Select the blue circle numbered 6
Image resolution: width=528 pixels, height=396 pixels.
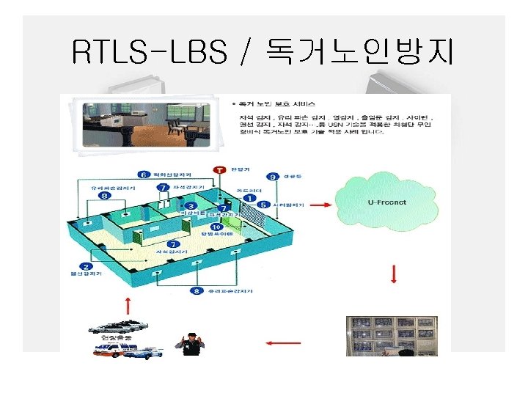tap(144, 174)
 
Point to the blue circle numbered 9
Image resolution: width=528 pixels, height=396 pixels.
tap(272, 177)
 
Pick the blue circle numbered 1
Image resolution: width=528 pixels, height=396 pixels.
tap(250, 198)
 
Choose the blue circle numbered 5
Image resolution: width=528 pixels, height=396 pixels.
tap(263, 205)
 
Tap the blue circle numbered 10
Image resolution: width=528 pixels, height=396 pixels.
tap(216, 227)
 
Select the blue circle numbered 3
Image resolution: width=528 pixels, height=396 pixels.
tap(191, 206)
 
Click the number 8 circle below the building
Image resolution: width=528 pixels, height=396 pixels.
tap(196, 290)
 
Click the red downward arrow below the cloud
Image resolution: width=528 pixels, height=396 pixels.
tap(394, 274)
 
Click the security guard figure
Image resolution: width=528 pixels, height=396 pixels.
tap(192, 343)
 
